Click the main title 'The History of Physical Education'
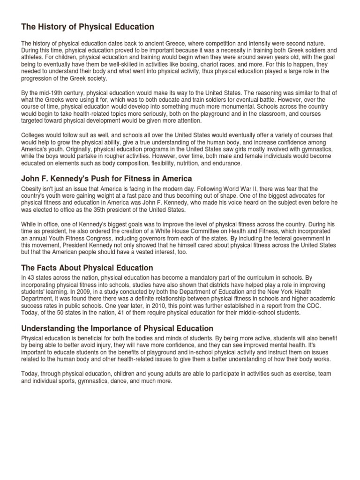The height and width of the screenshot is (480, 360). [88, 27]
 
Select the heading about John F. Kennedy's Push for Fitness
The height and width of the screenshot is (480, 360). [107, 179]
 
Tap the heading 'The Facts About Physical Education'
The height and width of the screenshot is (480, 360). [87, 268]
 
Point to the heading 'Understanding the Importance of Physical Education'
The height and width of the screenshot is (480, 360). [117, 328]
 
